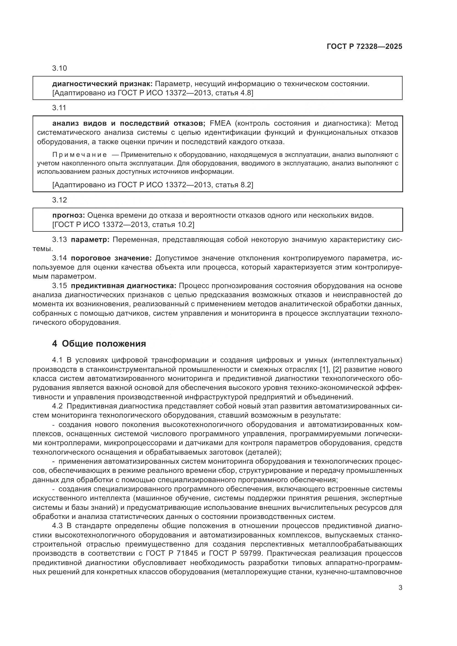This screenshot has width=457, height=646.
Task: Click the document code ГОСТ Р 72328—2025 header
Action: click(364, 46)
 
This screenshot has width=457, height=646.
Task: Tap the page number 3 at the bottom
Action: click(400, 587)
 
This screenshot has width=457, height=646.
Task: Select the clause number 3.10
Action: click(59, 68)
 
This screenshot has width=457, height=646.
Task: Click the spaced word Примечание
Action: click(80, 155)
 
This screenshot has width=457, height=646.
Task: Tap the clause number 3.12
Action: click(59, 200)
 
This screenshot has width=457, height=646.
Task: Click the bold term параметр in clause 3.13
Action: click(90, 240)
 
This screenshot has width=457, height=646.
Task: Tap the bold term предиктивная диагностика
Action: click(123, 286)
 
